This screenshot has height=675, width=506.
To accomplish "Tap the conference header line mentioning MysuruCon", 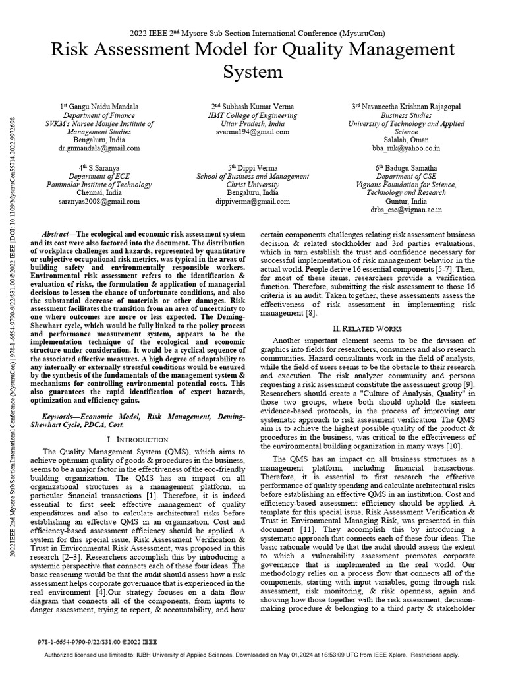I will [253, 32].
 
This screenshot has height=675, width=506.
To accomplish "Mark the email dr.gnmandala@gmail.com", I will [107, 149].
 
